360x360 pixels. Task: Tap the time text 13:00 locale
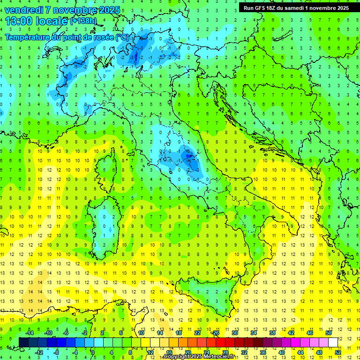pos(37,21)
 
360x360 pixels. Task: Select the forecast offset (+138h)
pos(83,21)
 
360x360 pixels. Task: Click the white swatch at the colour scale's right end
pos(333,343)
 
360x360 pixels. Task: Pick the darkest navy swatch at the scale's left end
pos(24,343)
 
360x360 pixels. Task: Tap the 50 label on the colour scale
pos(328,333)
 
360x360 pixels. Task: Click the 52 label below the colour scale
pos(337,352)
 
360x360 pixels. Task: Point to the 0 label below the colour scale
pos(93,352)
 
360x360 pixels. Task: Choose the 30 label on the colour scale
pos(234,333)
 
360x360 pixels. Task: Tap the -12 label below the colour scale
pos(39,352)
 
